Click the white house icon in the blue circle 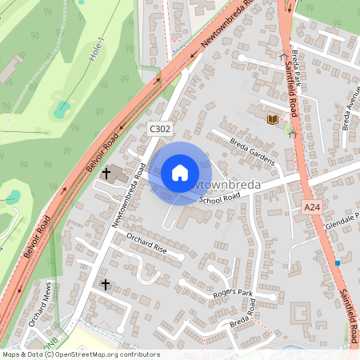pyautogui.click(x=179, y=173)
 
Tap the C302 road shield pyautogui.click(x=159, y=127)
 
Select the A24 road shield pyautogui.click(x=313, y=207)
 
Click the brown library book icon pyautogui.click(x=271, y=119)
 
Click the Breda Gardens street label pyautogui.click(x=252, y=151)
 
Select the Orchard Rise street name pyautogui.click(x=146, y=243)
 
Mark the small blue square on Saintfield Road pyautogui.click(x=338, y=262)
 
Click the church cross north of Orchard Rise pyautogui.click(x=106, y=173)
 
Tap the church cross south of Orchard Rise pyautogui.click(x=105, y=284)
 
